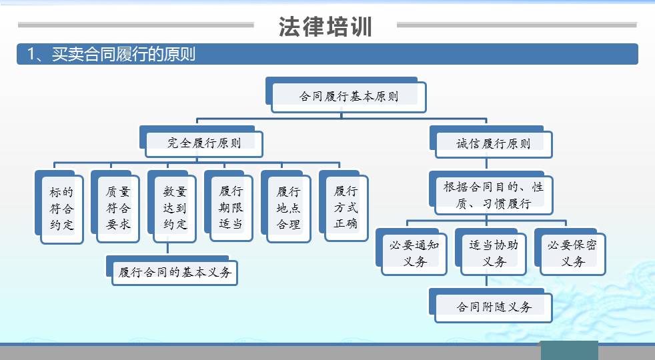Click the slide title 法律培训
(325, 27)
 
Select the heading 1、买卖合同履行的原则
(111, 54)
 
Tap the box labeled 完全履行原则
(203, 142)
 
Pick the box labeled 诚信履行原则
(493, 143)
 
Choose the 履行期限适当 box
(231, 207)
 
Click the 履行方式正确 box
(345, 207)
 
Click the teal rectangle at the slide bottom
(568, 350)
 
